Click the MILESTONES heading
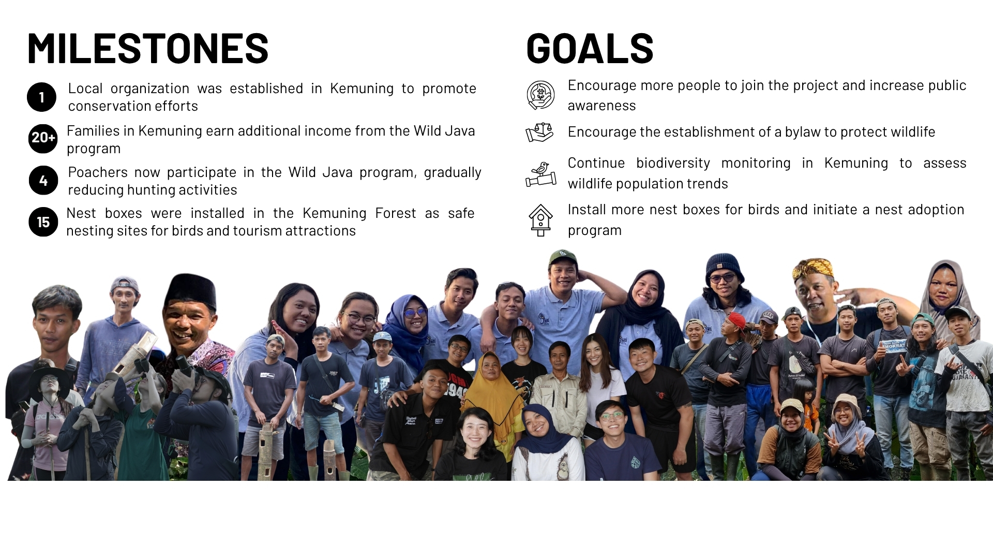148,48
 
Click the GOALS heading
590,48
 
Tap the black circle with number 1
41,97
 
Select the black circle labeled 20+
43,138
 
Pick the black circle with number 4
43,181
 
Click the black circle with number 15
43,222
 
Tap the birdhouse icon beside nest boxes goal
540,220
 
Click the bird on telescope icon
541,174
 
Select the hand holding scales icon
540,133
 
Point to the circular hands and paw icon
540,95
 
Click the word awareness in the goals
601,106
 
